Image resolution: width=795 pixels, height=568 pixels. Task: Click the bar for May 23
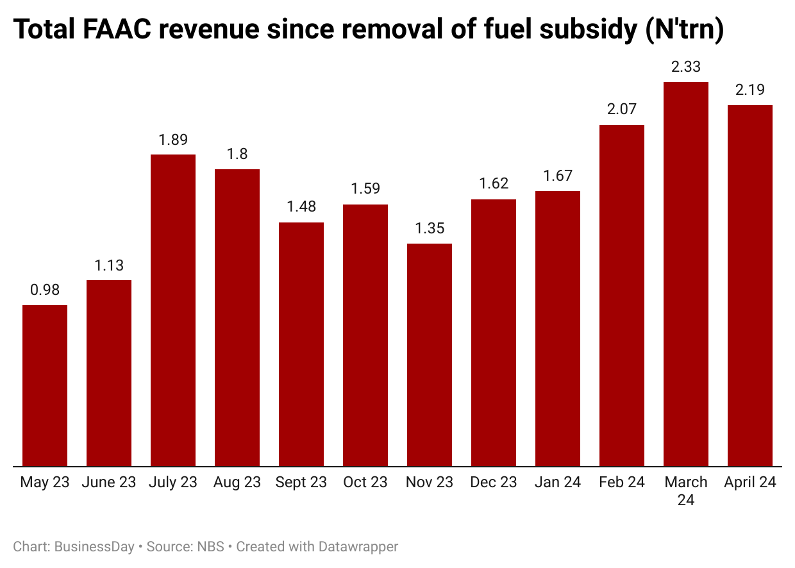point(45,385)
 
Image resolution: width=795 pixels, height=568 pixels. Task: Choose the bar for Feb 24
point(622,296)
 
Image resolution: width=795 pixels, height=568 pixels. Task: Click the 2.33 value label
point(686,67)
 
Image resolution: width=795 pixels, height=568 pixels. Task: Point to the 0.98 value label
point(45,290)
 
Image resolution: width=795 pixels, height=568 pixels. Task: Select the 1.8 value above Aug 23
point(237,154)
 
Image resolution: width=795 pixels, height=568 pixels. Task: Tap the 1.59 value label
point(365,189)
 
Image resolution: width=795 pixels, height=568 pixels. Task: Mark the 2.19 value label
point(750,90)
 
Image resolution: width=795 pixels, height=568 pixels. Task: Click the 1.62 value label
point(494,184)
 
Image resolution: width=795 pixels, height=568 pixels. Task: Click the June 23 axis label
point(109,483)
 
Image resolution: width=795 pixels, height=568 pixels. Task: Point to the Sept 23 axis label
point(301,483)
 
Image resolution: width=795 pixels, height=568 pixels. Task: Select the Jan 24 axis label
point(558,483)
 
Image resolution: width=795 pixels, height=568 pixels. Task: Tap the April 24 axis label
point(750,483)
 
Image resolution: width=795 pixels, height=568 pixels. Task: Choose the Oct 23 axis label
point(365,483)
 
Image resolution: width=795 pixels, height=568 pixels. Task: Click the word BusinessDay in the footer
point(94,547)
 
